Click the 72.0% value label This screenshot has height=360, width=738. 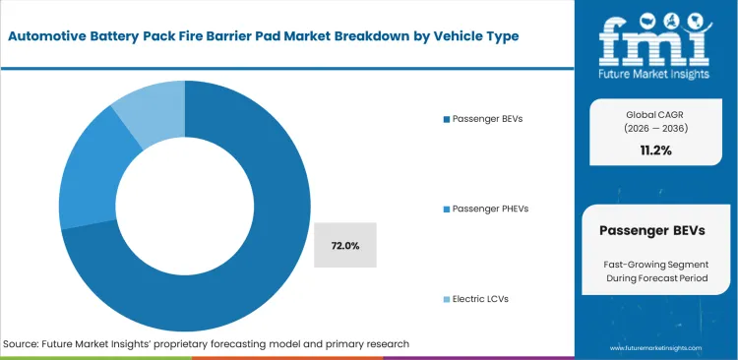pyautogui.click(x=344, y=246)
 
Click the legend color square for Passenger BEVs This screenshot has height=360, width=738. pyautogui.click(x=446, y=119)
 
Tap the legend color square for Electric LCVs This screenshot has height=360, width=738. pyautogui.click(x=446, y=298)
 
